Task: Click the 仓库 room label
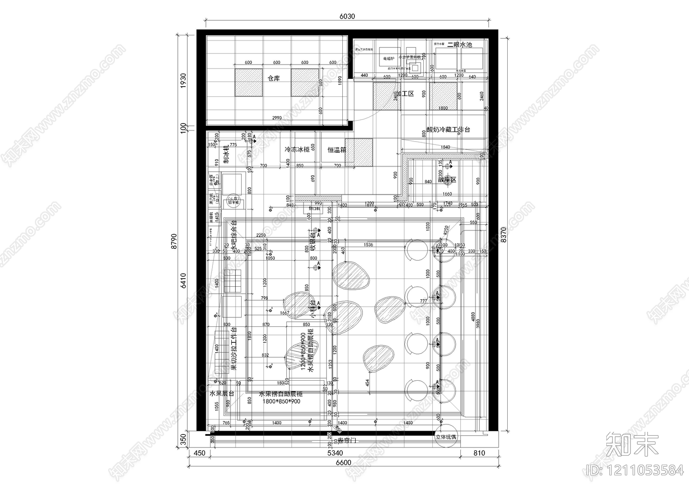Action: point(273,79)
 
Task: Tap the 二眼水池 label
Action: point(459,45)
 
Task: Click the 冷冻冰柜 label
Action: point(297,150)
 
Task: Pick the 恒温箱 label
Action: point(337,150)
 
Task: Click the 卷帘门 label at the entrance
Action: point(348,440)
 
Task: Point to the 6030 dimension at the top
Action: point(347,17)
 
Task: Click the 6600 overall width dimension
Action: point(343,463)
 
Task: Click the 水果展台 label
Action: point(222,394)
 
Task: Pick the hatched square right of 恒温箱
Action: point(358,152)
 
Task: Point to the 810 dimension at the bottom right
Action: point(479,453)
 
